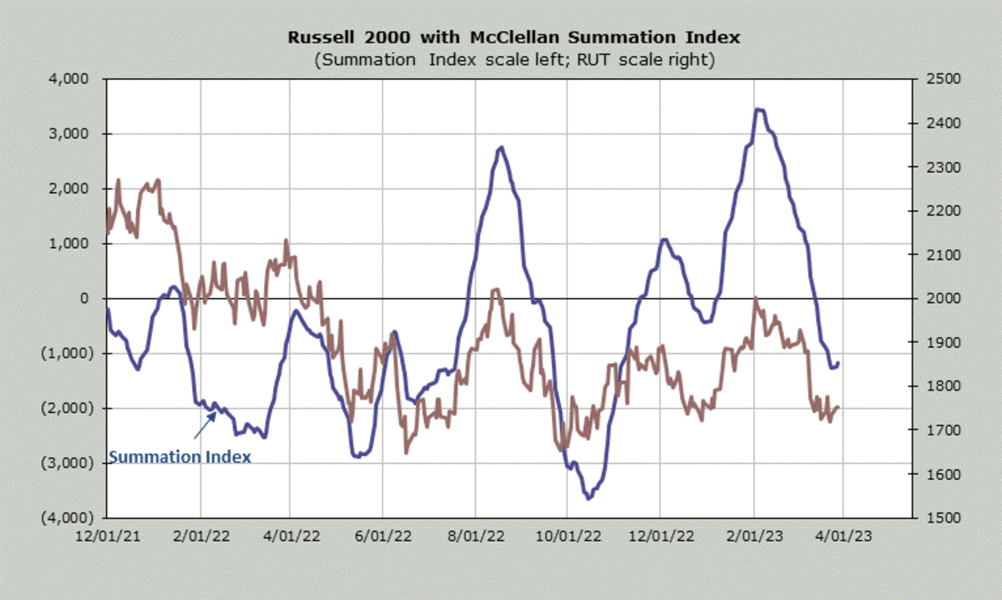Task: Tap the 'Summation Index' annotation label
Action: (180, 457)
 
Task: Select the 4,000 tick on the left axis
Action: (77, 79)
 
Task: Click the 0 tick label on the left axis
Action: (93, 299)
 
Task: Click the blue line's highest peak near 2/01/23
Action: (758, 109)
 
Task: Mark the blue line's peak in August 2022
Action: (500, 148)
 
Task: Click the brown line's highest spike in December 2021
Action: (118, 179)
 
